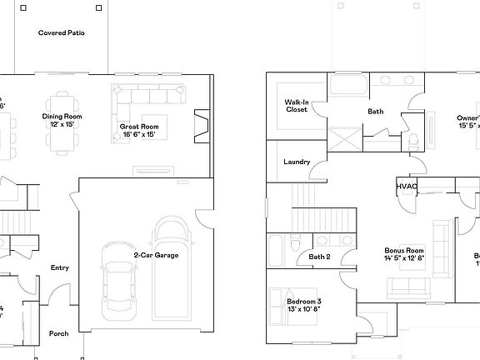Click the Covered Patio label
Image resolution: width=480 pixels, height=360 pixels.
[x=61, y=33]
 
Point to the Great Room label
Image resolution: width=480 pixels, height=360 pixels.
[x=138, y=127]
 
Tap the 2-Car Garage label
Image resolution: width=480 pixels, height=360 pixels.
[x=156, y=255]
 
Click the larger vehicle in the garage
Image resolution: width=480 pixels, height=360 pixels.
[x=172, y=267]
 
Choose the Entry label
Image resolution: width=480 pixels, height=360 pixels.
[x=60, y=267]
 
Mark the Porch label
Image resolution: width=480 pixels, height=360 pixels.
[x=58, y=333]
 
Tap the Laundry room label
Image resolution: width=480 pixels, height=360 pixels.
[x=297, y=162]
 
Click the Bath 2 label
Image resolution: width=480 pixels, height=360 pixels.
[x=320, y=257]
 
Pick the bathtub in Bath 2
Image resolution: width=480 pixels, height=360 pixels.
[x=277, y=249]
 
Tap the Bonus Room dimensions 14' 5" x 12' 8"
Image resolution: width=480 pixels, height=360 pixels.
[x=404, y=257]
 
